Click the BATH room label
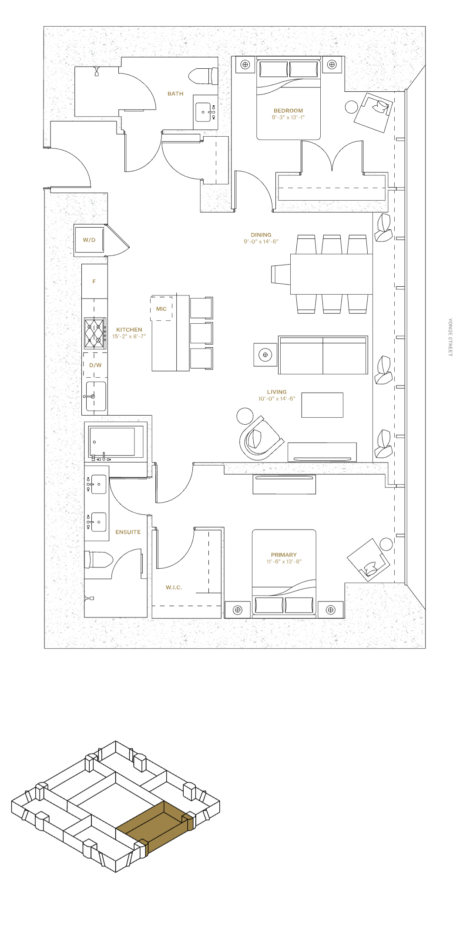175,94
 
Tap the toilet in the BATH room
203,76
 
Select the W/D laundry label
89,240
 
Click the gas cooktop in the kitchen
95,333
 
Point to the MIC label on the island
161,309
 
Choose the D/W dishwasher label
95,365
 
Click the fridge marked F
94,281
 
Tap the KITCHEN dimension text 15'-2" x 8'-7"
129,336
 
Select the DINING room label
261,235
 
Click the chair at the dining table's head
281,274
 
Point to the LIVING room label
277,392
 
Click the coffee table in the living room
322,405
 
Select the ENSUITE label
128,532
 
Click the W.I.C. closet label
174,587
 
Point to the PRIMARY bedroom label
284,555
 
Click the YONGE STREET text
450,337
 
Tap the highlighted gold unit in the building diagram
156,826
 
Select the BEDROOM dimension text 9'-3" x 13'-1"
288,117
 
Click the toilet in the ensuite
99,560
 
